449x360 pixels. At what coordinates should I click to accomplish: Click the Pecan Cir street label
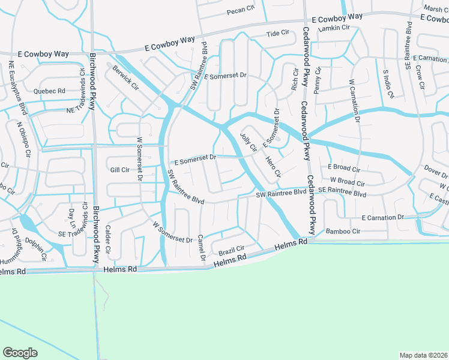(x=241, y=10)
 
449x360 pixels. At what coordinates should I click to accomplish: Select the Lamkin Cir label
(x=334, y=28)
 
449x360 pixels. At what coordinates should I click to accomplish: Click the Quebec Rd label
(x=49, y=91)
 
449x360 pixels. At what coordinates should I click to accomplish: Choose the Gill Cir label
(x=120, y=170)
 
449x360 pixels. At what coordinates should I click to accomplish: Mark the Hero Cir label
(x=273, y=166)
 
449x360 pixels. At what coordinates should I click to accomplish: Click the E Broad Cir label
(x=344, y=168)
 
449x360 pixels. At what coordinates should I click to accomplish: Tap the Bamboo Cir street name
(x=343, y=231)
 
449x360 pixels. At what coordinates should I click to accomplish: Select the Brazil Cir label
(x=231, y=249)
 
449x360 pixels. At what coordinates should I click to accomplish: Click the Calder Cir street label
(x=109, y=239)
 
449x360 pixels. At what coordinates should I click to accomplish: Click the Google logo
(x=20, y=353)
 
